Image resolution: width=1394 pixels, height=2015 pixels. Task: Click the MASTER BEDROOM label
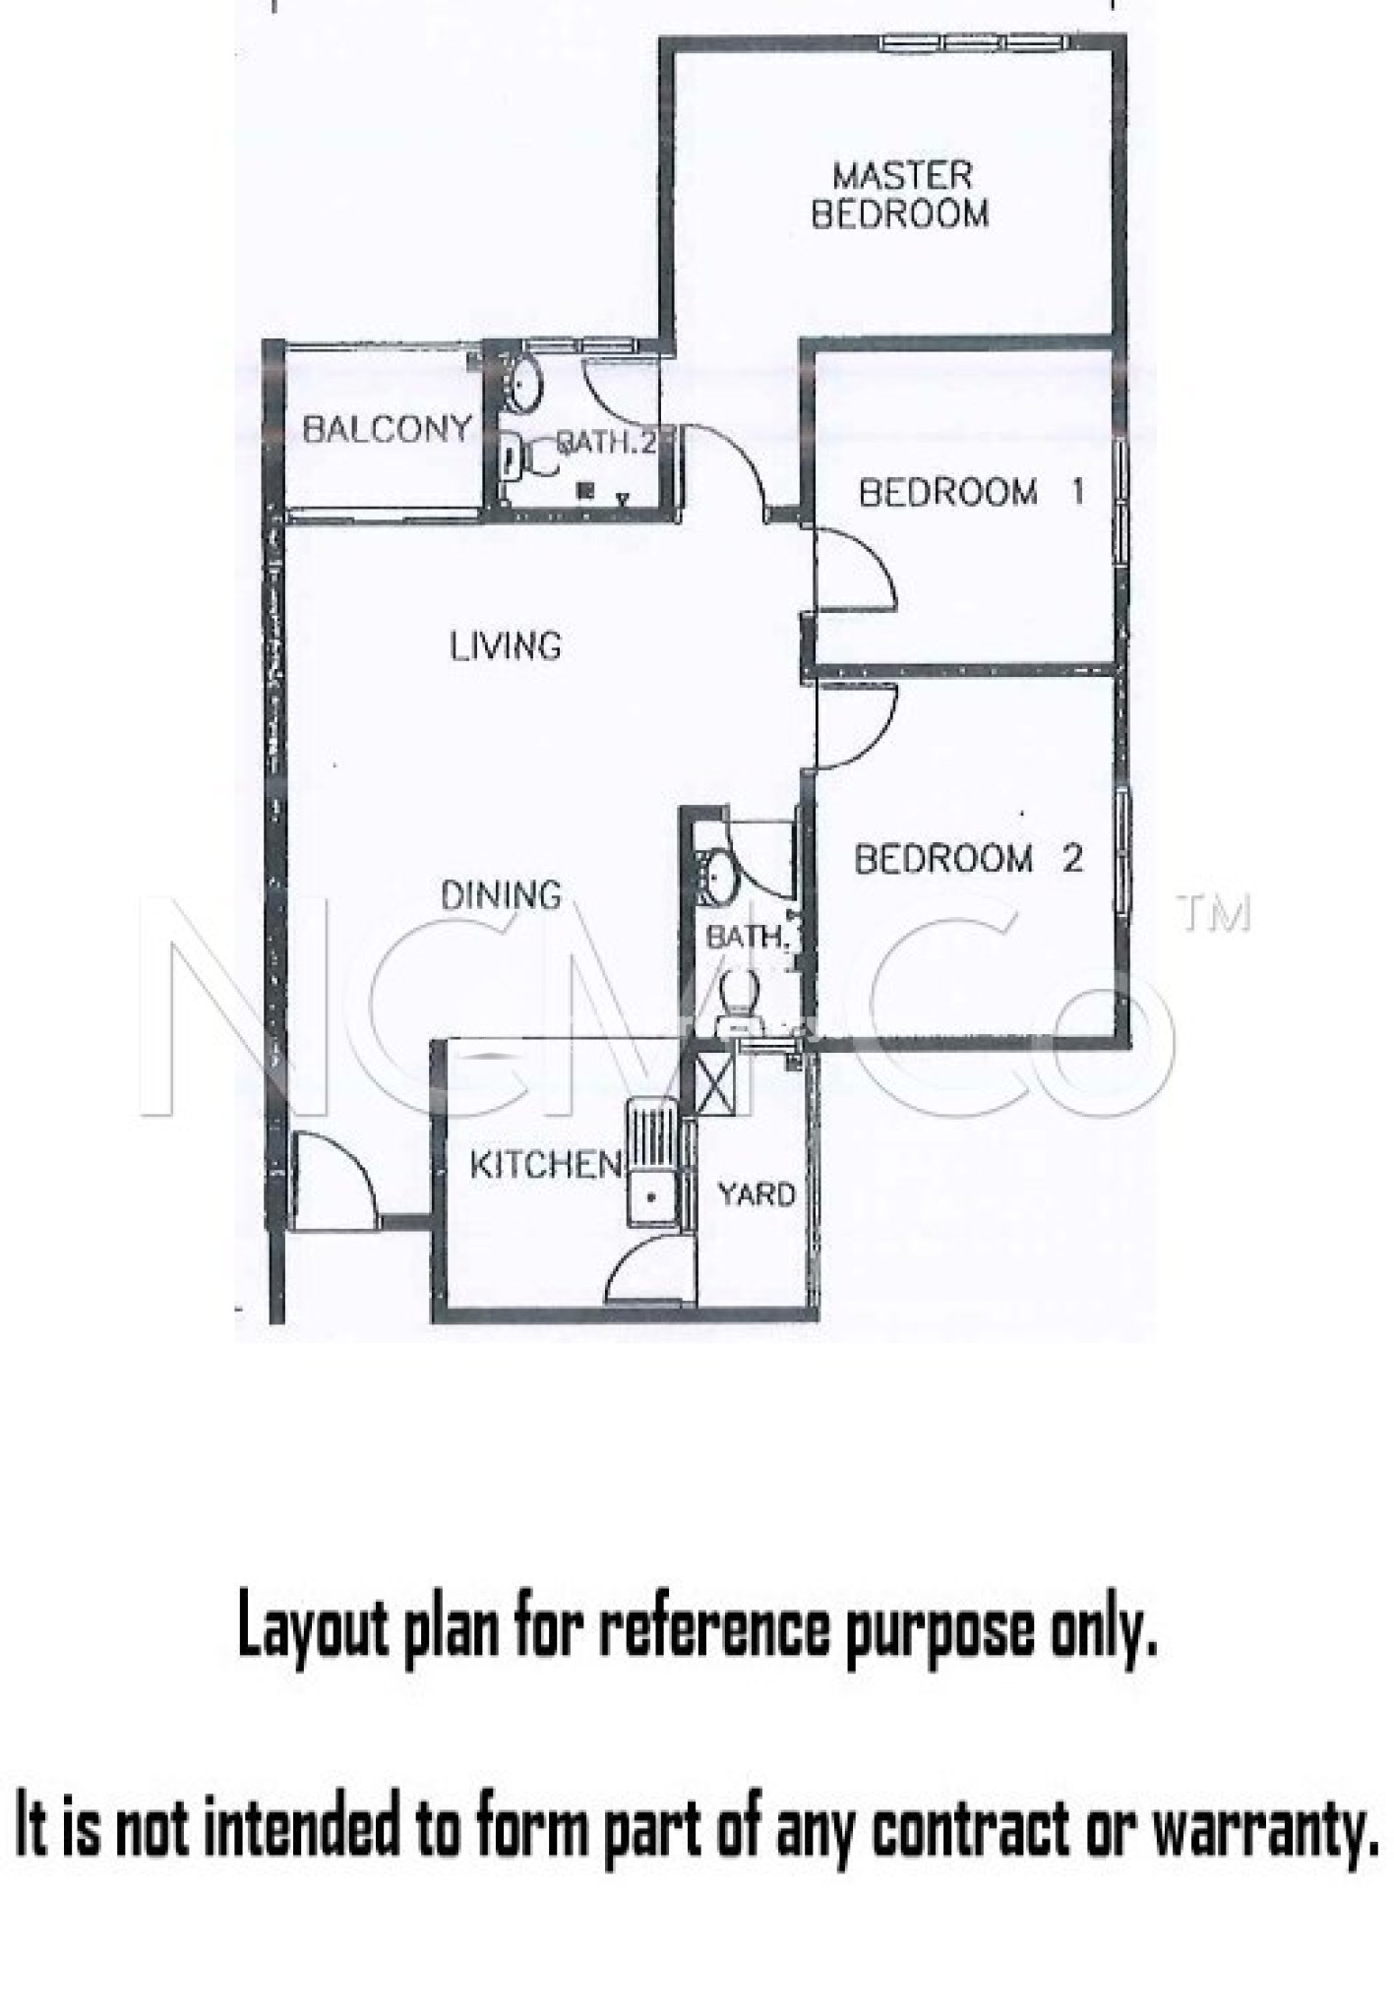click(x=900, y=196)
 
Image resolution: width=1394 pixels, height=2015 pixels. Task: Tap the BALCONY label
click(x=387, y=429)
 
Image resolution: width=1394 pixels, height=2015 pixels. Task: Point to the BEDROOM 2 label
click(x=968, y=859)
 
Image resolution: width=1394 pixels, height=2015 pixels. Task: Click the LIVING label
click(x=506, y=646)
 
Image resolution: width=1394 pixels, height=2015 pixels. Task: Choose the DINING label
click(x=501, y=895)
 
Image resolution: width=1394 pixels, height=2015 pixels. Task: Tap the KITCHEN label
click(x=546, y=1165)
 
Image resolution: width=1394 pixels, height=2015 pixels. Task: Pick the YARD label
click(x=757, y=1194)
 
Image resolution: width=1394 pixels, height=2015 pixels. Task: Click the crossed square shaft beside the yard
click(x=715, y=1081)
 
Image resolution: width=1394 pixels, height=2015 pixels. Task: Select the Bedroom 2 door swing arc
click(x=856, y=726)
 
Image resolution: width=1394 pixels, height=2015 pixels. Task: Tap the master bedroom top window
click(x=974, y=42)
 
